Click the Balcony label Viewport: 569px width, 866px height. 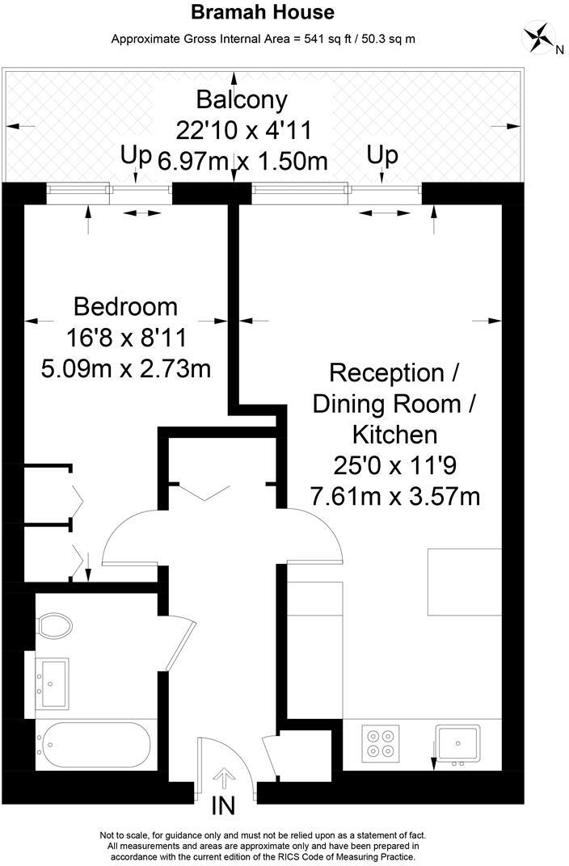pyautogui.click(x=242, y=100)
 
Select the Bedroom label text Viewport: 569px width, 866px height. pyautogui.click(x=125, y=307)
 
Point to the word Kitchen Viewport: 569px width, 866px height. pyautogui.click(x=394, y=435)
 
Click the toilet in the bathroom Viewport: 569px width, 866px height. pyautogui.click(x=55, y=624)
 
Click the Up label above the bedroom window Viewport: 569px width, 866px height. pyautogui.click(x=137, y=155)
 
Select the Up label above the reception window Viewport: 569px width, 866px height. pyautogui.click(x=382, y=155)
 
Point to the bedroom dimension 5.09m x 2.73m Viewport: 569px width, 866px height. pyautogui.click(x=125, y=368)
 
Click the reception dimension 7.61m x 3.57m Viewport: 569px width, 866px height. pyautogui.click(x=395, y=495)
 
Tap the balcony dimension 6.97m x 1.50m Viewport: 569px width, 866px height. pyautogui.click(x=242, y=160)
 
